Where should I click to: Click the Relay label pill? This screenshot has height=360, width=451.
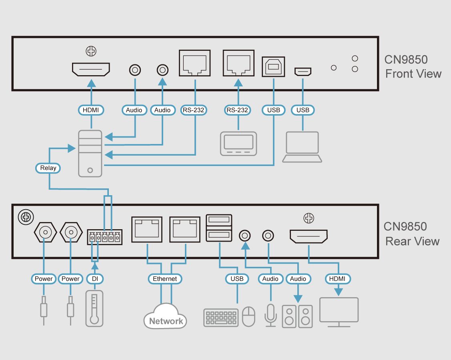pyautogui.click(x=48, y=168)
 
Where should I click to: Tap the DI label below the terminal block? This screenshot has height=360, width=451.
pyautogui.click(x=95, y=279)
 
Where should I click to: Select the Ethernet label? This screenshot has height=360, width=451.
pyautogui.click(x=165, y=279)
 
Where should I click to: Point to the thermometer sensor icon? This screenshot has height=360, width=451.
pyautogui.click(x=94, y=309)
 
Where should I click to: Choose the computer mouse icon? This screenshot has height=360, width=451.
pyautogui.click(x=249, y=317)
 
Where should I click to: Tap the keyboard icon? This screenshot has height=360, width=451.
pyautogui.click(x=221, y=317)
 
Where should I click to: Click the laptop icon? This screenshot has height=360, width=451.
pyautogui.click(x=302, y=147)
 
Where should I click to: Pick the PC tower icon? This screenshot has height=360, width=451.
pyautogui.click(x=90, y=153)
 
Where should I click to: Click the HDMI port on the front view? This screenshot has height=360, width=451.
pyautogui.click(x=91, y=69)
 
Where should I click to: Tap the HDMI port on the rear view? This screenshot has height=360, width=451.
pyautogui.click(x=309, y=236)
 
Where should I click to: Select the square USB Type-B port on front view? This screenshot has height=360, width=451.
pyautogui.click(x=274, y=66)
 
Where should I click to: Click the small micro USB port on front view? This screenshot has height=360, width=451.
pyautogui.click(x=303, y=72)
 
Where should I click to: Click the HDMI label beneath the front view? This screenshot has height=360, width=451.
pyautogui.click(x=91, y=110)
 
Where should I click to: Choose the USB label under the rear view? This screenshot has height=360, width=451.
pyautogui.click(x=237, y=279)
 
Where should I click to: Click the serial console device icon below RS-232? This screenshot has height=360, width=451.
pyautogui.click(x=239, y=144)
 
